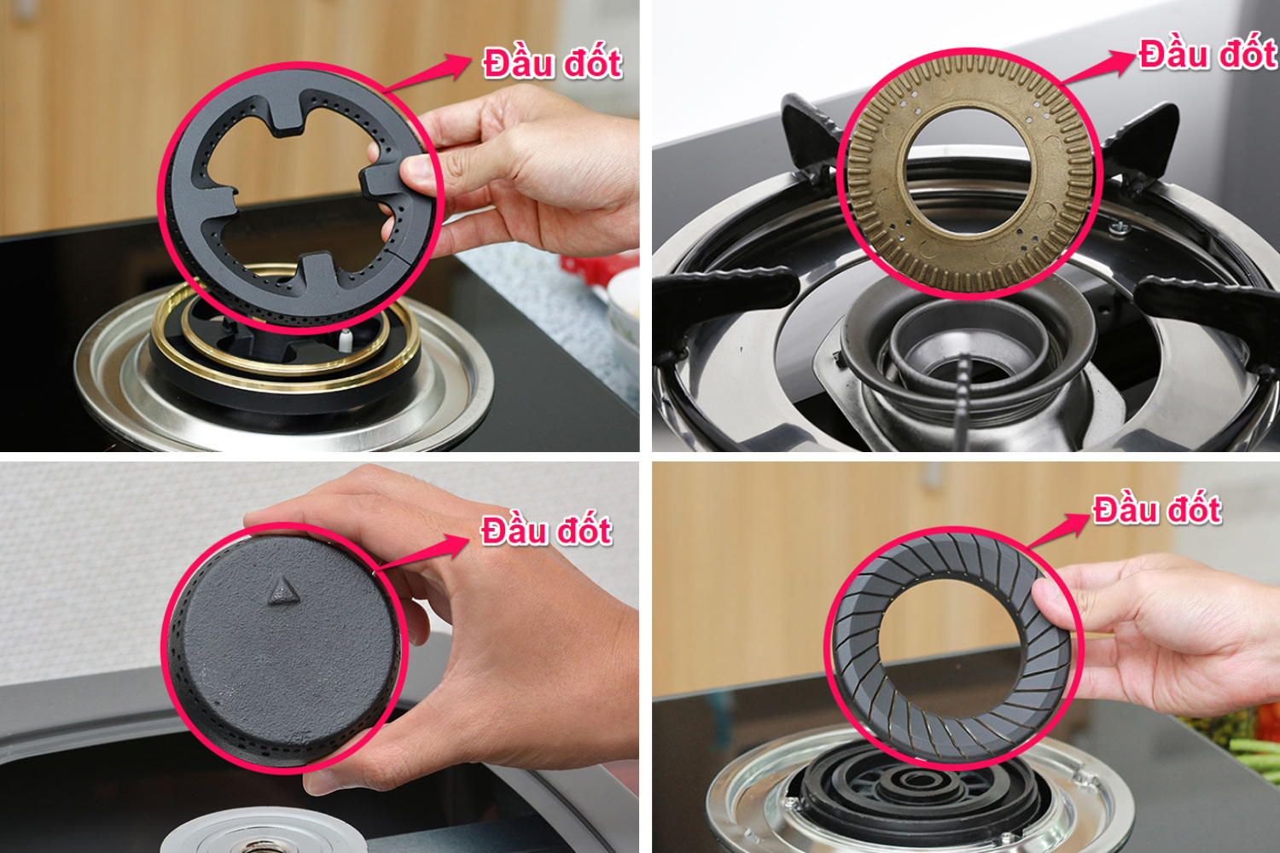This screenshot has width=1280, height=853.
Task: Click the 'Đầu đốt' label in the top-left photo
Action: (x=553, y=63)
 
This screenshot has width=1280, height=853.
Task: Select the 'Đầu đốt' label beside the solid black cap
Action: (x=546, y=531)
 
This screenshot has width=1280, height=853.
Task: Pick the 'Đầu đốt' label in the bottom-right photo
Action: (x=1157, y=509)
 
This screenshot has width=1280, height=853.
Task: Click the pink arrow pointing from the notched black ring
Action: (x=428, y=73)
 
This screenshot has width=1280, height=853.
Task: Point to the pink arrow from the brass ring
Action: (x=1098, y=67)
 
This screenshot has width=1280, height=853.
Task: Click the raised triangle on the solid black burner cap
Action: (x=283, y=591)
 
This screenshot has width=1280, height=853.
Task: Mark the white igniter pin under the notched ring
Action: (x=345, y=340)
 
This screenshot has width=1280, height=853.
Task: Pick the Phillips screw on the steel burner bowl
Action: (x=1119, y=228)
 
